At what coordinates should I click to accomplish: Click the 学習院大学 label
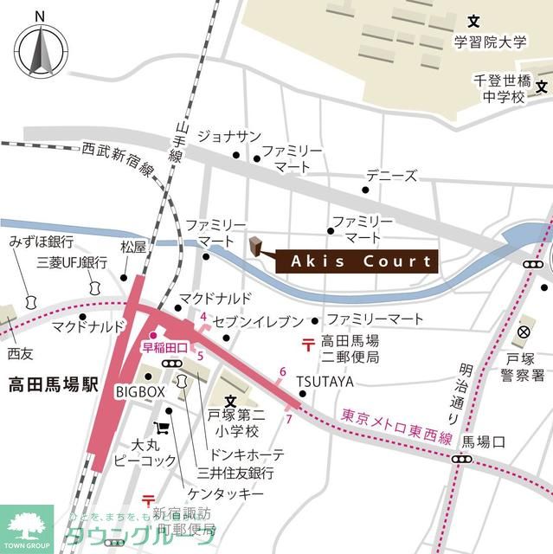[490, 41]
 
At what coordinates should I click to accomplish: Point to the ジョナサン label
[228, 136]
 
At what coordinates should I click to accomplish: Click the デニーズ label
[391, 176]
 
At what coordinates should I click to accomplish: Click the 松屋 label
[133, 247]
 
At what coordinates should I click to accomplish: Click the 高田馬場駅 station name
[50, 383]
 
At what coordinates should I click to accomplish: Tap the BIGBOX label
[139, 392]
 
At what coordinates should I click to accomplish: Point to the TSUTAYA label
[325, 381]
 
